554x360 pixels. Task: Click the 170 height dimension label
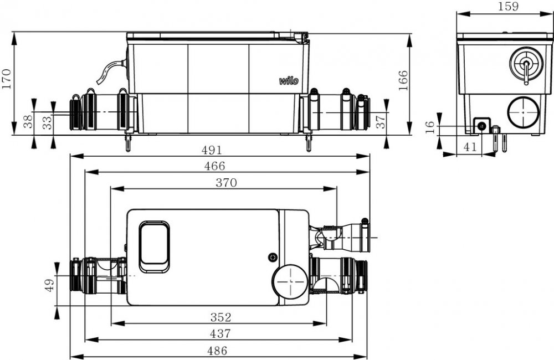click(x=7, y=79)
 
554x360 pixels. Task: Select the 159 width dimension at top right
click(x=508, y=6)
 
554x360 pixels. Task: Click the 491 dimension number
click(x=212, y=150)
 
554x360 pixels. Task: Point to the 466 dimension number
click(x=214, y=166)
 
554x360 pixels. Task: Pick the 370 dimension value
click(x=226, y=183)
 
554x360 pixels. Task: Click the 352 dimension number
click(x=221, y=317)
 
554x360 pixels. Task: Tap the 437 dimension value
click(x=220, y=333)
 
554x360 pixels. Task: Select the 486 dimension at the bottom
click(x=217, y=351)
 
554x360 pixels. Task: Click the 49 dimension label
click(x=49, y=285)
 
